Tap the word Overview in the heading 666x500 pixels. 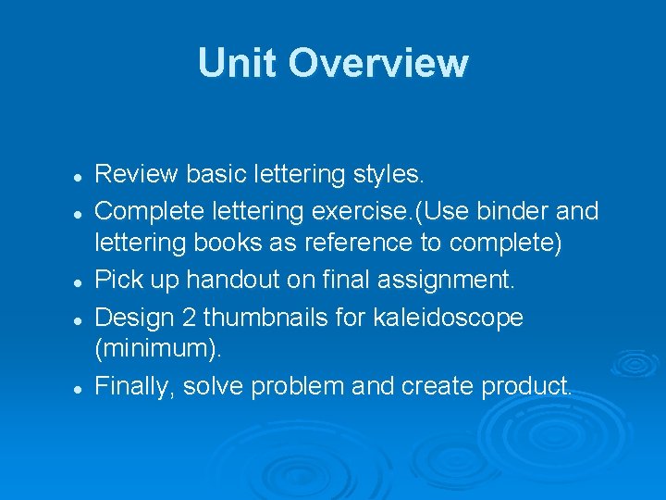click(x=378, y=63)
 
